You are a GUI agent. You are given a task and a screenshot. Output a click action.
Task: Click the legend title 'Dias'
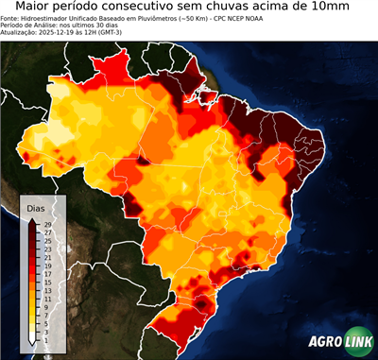tap(36, 207)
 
